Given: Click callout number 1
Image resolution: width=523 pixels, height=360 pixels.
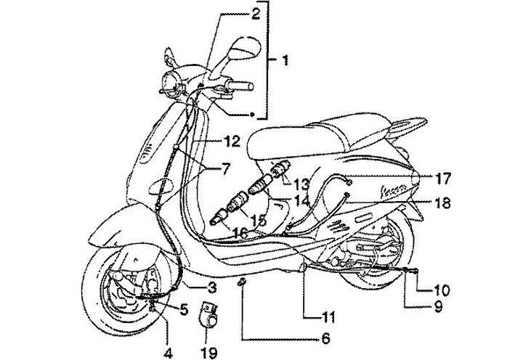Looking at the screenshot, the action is [285, 61].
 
